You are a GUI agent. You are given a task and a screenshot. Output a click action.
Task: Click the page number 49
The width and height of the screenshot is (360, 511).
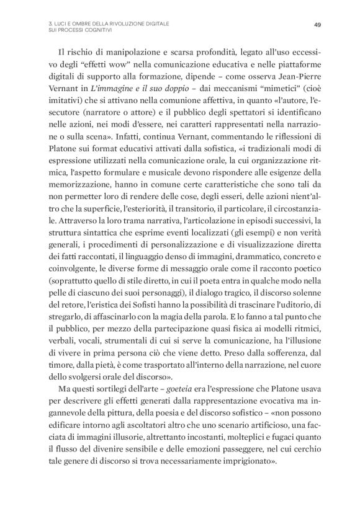[x=317, y=25]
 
